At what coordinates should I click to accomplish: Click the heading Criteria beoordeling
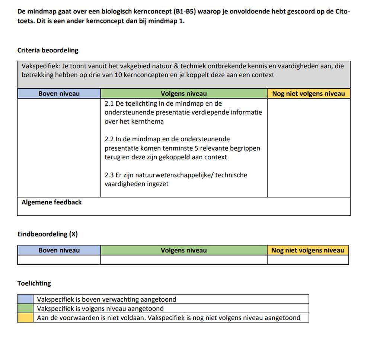48,50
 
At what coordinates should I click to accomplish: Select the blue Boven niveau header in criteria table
59,94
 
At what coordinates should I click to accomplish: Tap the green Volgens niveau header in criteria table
183,94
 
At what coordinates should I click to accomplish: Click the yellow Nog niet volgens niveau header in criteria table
309,94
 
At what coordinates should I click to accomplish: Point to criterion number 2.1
109,104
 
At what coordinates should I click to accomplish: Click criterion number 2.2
109,139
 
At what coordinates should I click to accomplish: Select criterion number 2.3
109,175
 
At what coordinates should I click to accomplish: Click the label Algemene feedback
51,202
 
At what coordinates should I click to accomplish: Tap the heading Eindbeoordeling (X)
47,234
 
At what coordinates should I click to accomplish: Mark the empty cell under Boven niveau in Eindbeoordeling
59,260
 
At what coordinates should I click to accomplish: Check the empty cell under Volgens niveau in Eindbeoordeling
183,260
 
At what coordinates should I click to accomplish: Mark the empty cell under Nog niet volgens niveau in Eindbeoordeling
308,260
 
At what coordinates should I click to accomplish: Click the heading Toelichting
34,283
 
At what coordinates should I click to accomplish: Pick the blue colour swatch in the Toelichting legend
25,299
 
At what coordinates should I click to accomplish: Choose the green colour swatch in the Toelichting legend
25,309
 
